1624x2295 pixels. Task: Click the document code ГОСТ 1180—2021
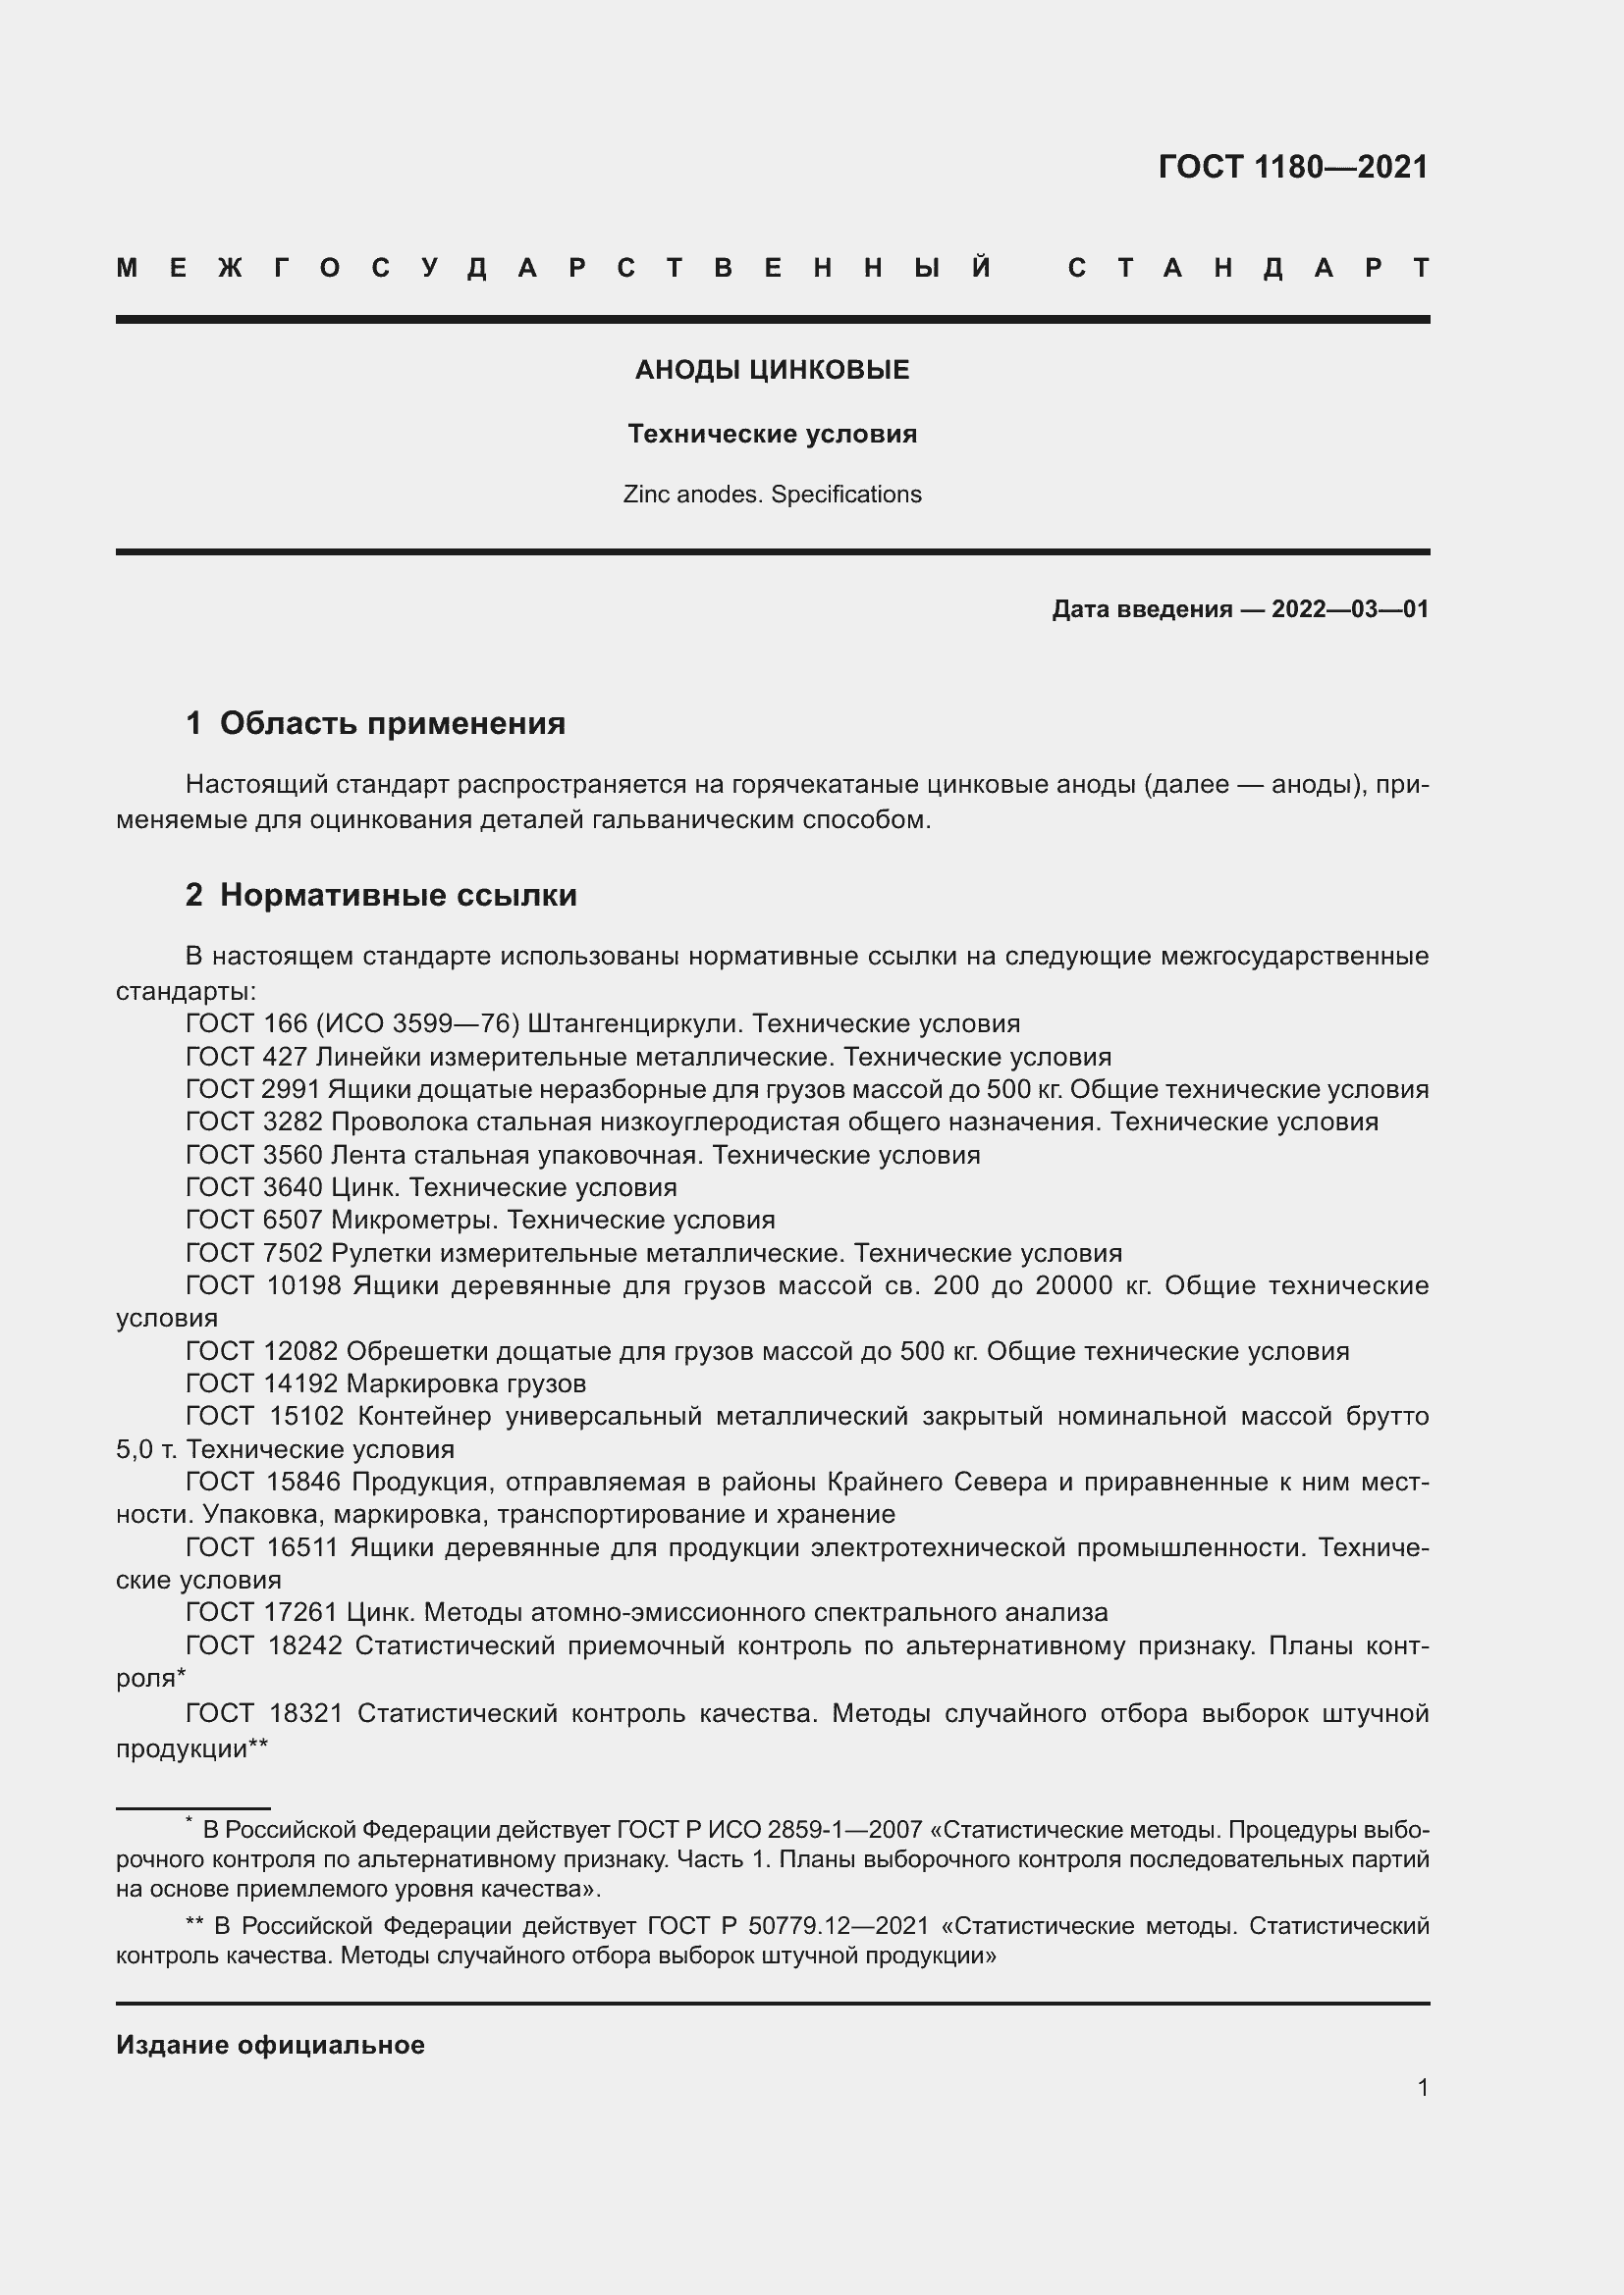[x=1293, y=167]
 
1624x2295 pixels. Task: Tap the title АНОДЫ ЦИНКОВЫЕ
[x=772, y=370]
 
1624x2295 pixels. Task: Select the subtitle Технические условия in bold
[x=772, y=434]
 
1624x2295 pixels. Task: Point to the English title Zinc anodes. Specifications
[x=772, y=495]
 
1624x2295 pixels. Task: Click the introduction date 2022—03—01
[x=1350, y=608]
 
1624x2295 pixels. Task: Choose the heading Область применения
[x=392, y=723]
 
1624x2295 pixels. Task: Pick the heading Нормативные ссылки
[x=398, y=895]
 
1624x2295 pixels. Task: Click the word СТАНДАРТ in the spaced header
[x=1249, y=268]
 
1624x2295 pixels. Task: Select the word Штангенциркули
[x=635, y=1023]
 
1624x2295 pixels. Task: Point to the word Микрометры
[x=415, y=1220]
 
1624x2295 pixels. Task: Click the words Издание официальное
[x=270, y=2045]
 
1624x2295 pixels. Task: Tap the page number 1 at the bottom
[x=1423, y=2087]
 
